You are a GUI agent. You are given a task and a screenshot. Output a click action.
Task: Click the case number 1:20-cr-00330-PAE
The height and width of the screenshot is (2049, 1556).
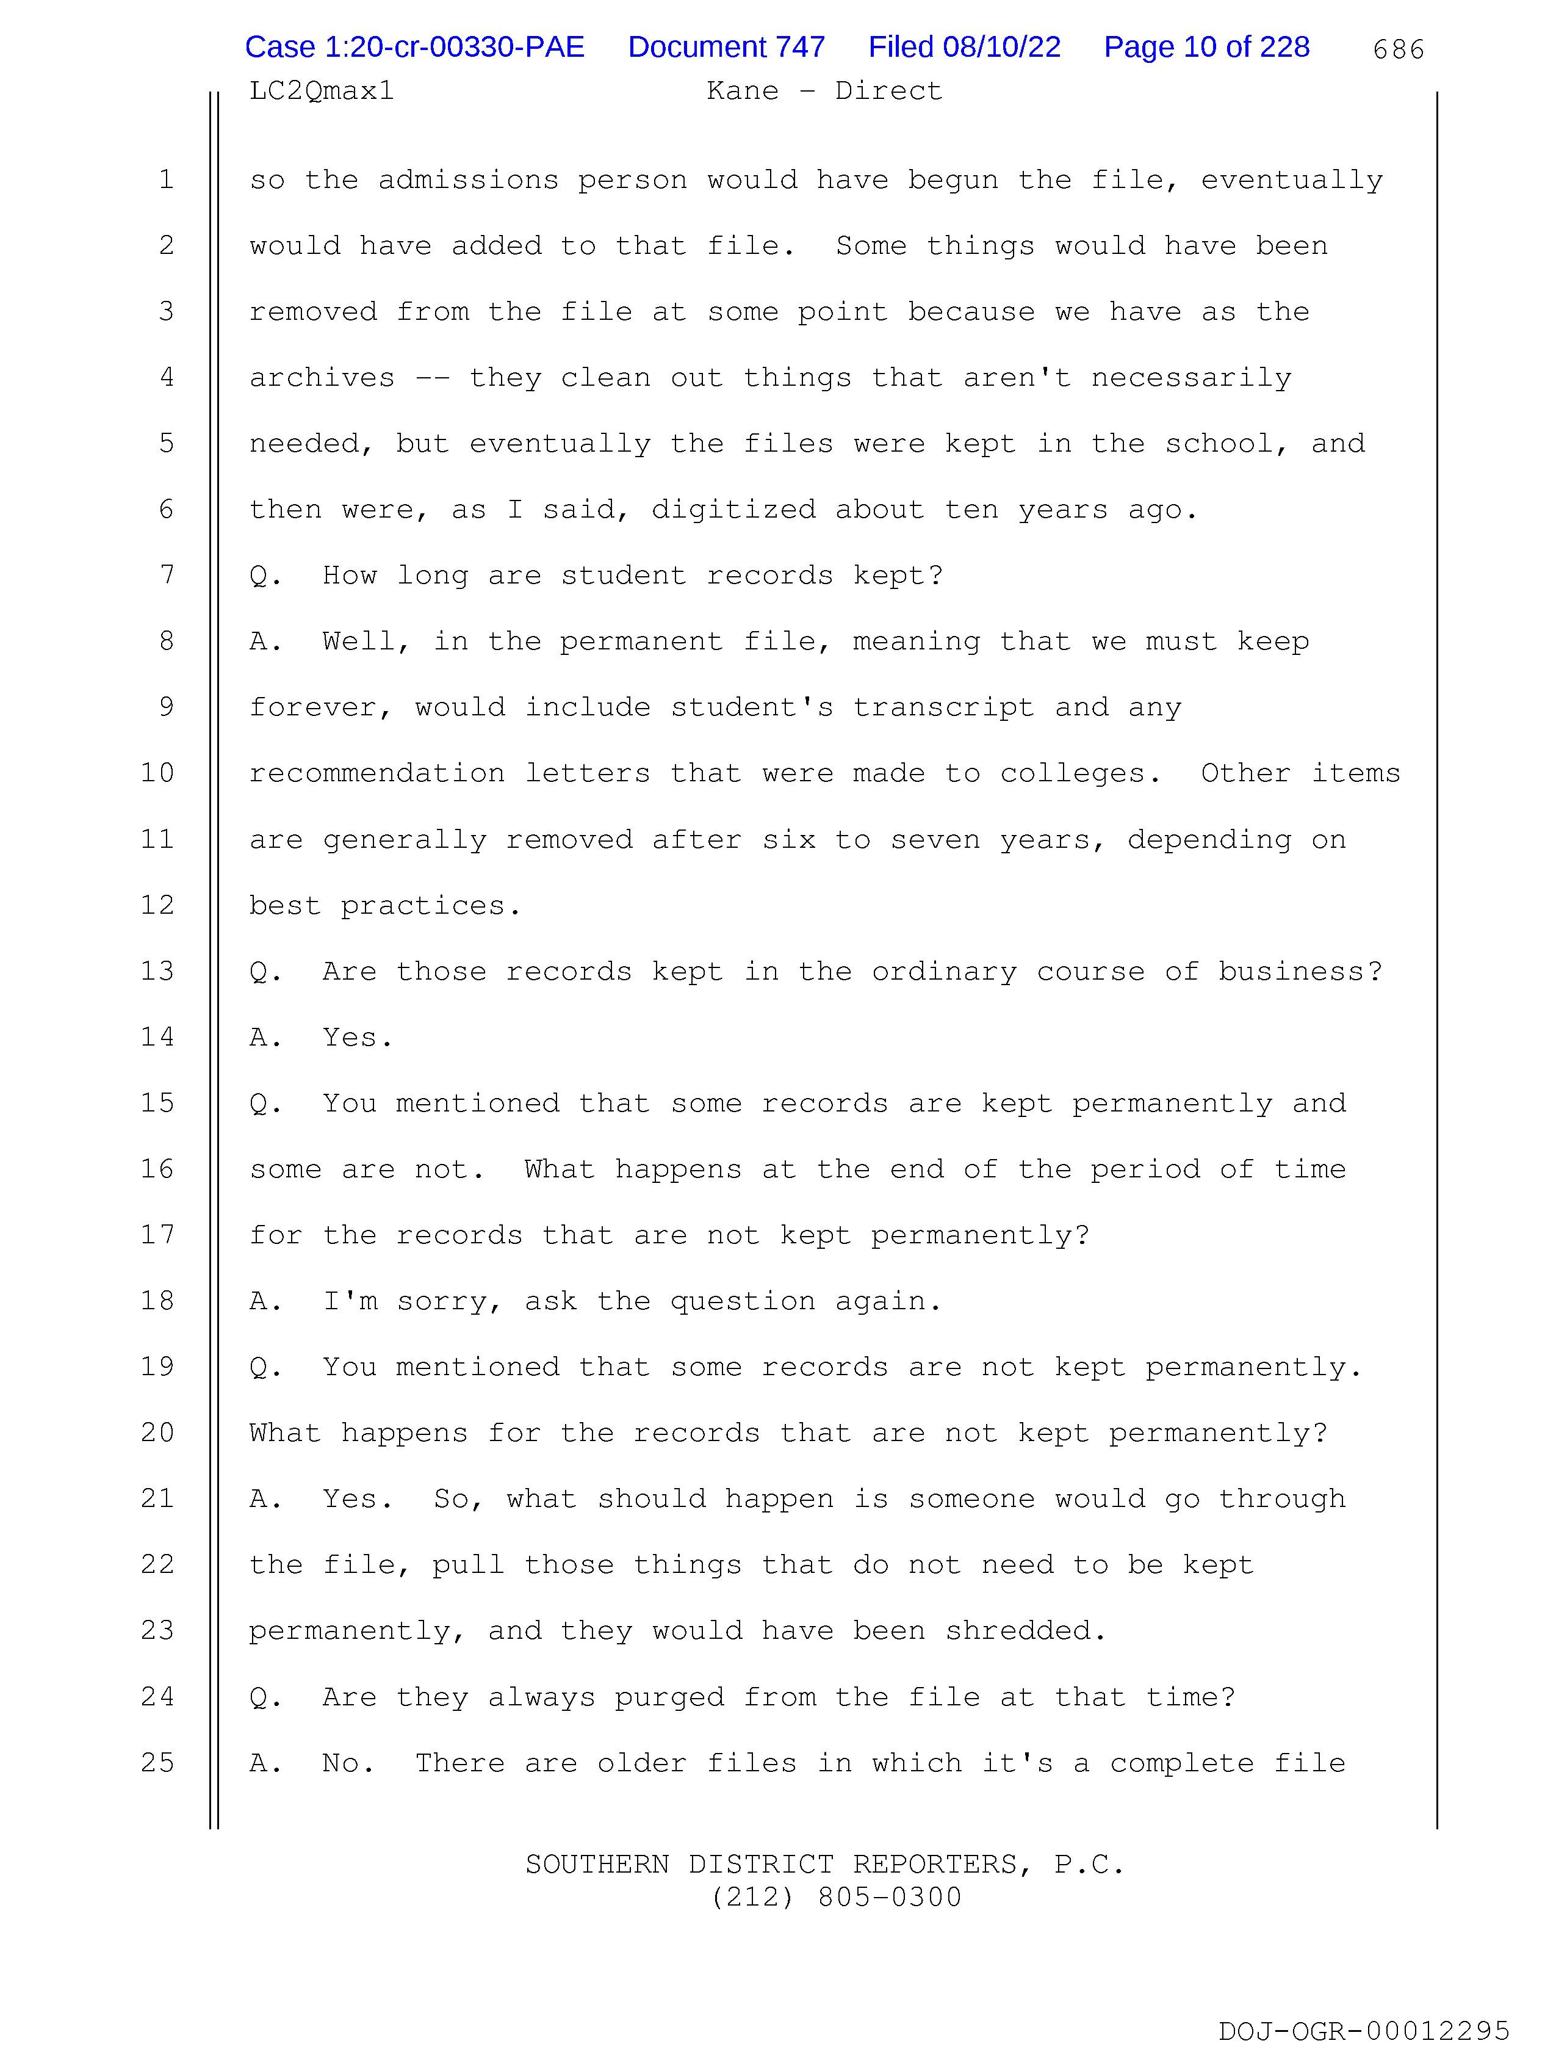[x=414, y=47]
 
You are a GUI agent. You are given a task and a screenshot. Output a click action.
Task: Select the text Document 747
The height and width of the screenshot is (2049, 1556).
[x=726, y=47]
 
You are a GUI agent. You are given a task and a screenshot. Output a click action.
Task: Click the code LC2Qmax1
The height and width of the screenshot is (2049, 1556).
[x=322, y=91]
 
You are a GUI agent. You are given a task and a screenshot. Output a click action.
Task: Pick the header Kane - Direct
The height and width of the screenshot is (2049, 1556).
[x=823, y=91]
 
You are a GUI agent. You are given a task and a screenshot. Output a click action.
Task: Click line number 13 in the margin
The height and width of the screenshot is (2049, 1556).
[x=157, y=970]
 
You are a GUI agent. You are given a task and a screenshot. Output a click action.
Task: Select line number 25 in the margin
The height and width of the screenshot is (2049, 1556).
[x=157, y=1762]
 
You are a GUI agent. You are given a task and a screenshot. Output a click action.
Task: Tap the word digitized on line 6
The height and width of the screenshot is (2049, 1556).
[x=733, y=510]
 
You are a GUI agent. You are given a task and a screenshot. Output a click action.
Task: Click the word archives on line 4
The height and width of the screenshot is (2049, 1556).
[x=322, y=378]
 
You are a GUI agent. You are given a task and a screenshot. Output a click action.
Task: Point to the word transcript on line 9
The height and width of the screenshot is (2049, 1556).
[x=943, y=707]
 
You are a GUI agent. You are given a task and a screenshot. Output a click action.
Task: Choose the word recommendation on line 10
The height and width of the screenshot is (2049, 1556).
[x=376, y=773]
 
